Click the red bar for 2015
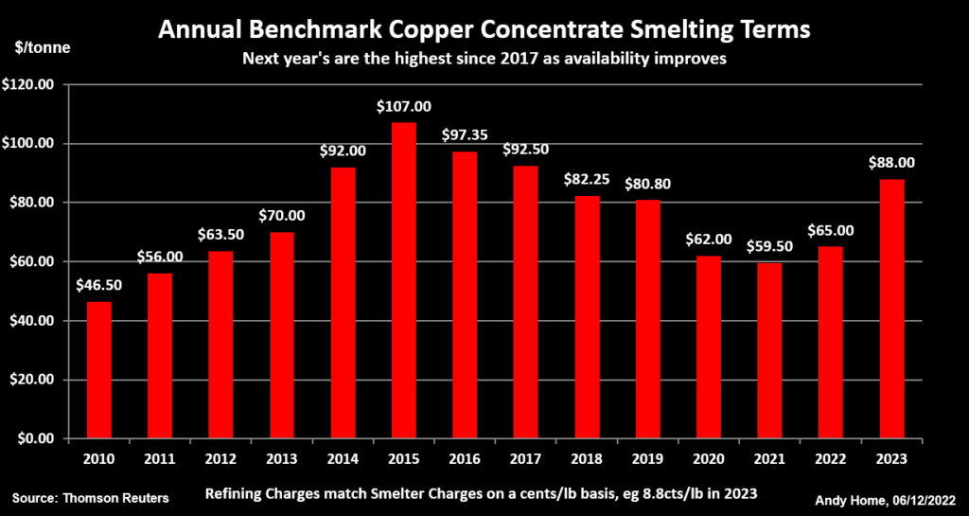tap(403, 280)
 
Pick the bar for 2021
tap(769, 350)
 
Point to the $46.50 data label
tap(97, 286)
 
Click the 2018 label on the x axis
tap(587, 458)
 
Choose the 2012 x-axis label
tap(220, 458)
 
